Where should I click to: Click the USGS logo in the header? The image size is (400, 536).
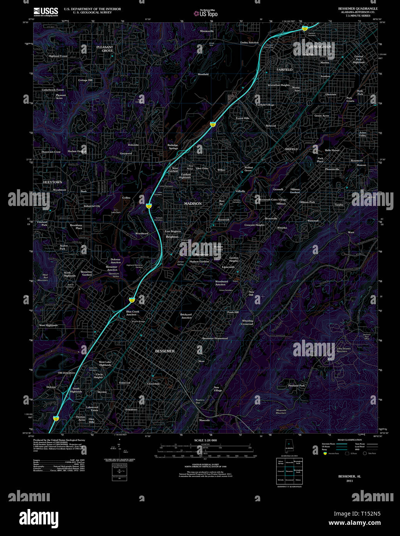46,12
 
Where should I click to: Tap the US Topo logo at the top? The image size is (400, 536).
206,13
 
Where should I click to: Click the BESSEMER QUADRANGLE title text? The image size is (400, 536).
358,8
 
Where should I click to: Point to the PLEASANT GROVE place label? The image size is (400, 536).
105,49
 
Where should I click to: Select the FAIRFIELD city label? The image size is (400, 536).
285,70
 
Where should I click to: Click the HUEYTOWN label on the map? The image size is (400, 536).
52,182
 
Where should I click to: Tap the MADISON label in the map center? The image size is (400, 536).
193,204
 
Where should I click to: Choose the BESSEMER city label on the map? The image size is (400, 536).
165,351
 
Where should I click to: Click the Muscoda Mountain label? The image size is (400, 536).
281,411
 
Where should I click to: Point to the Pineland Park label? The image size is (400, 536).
296,386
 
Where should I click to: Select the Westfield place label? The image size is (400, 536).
203,74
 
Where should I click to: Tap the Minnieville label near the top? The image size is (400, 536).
207,31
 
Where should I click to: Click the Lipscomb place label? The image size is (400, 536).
228,267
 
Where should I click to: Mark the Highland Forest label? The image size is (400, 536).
58,56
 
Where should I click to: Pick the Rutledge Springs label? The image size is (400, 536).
173,147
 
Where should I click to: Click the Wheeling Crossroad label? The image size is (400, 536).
247,322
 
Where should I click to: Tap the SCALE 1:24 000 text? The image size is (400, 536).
205,440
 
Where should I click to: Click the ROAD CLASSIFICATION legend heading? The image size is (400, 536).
349,440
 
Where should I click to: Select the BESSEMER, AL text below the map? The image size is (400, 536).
349,476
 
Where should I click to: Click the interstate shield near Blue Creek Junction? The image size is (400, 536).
132,299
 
